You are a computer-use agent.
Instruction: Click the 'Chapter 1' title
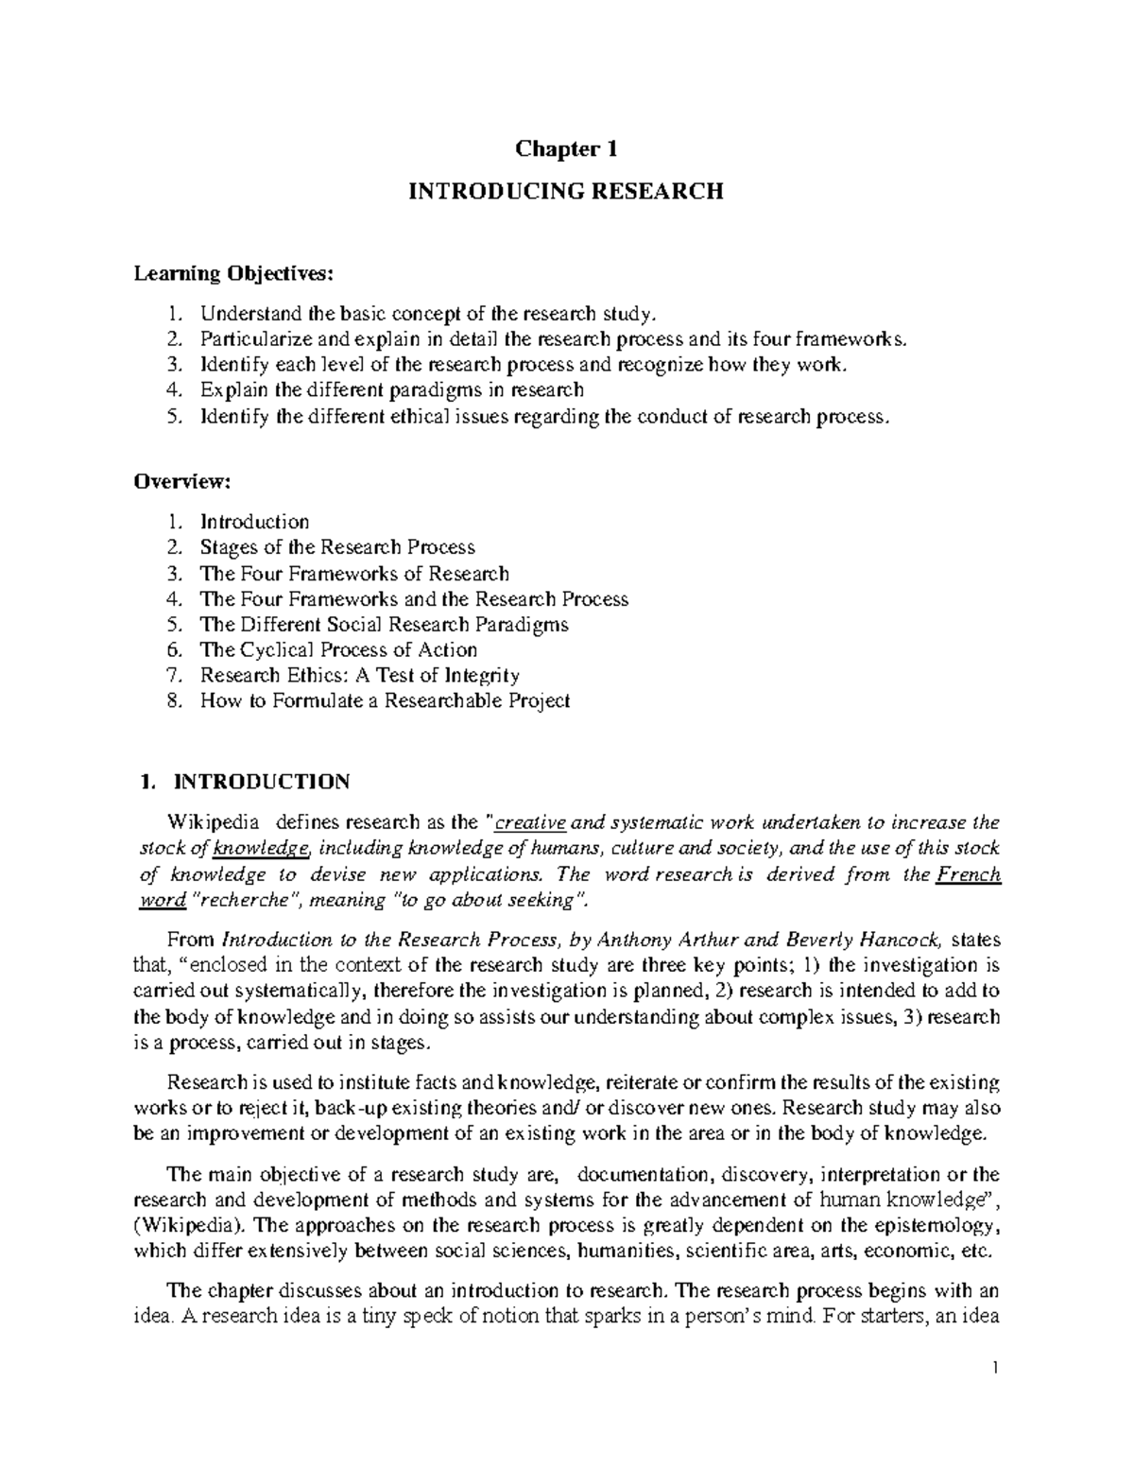point(565,149)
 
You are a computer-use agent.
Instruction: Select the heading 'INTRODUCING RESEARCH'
point(565,192)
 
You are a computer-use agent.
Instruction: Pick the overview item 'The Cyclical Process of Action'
point(338,650)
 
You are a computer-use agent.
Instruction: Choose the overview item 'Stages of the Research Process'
point(337,547)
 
